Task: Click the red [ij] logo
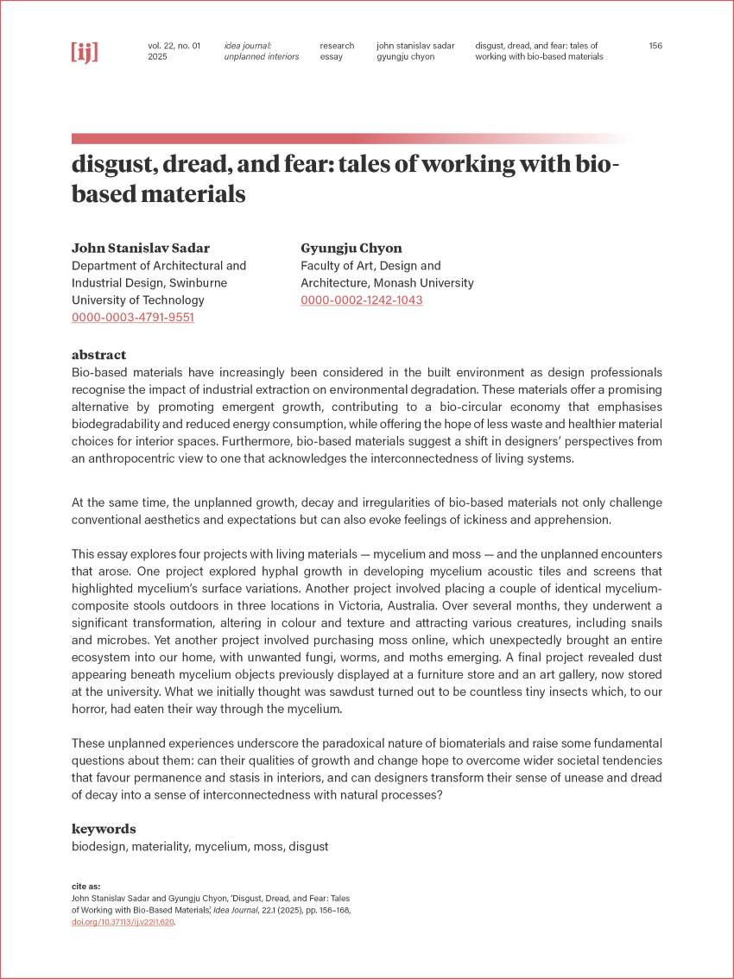(x=84, y=52)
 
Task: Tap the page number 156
(x=655, y=46)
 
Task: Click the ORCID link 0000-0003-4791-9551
(x=132, y=317)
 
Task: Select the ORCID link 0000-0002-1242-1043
(x=361, y=300)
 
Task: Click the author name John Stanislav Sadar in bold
(x=142, y=248)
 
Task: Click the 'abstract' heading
(x=98, y=355)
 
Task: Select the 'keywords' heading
(x=104, y=829)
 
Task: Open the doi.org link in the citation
(x=123, y=922)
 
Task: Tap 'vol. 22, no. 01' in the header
(x=174, y=46)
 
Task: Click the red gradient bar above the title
(x=345, y=138)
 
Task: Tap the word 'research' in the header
(x=337, y=46)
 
